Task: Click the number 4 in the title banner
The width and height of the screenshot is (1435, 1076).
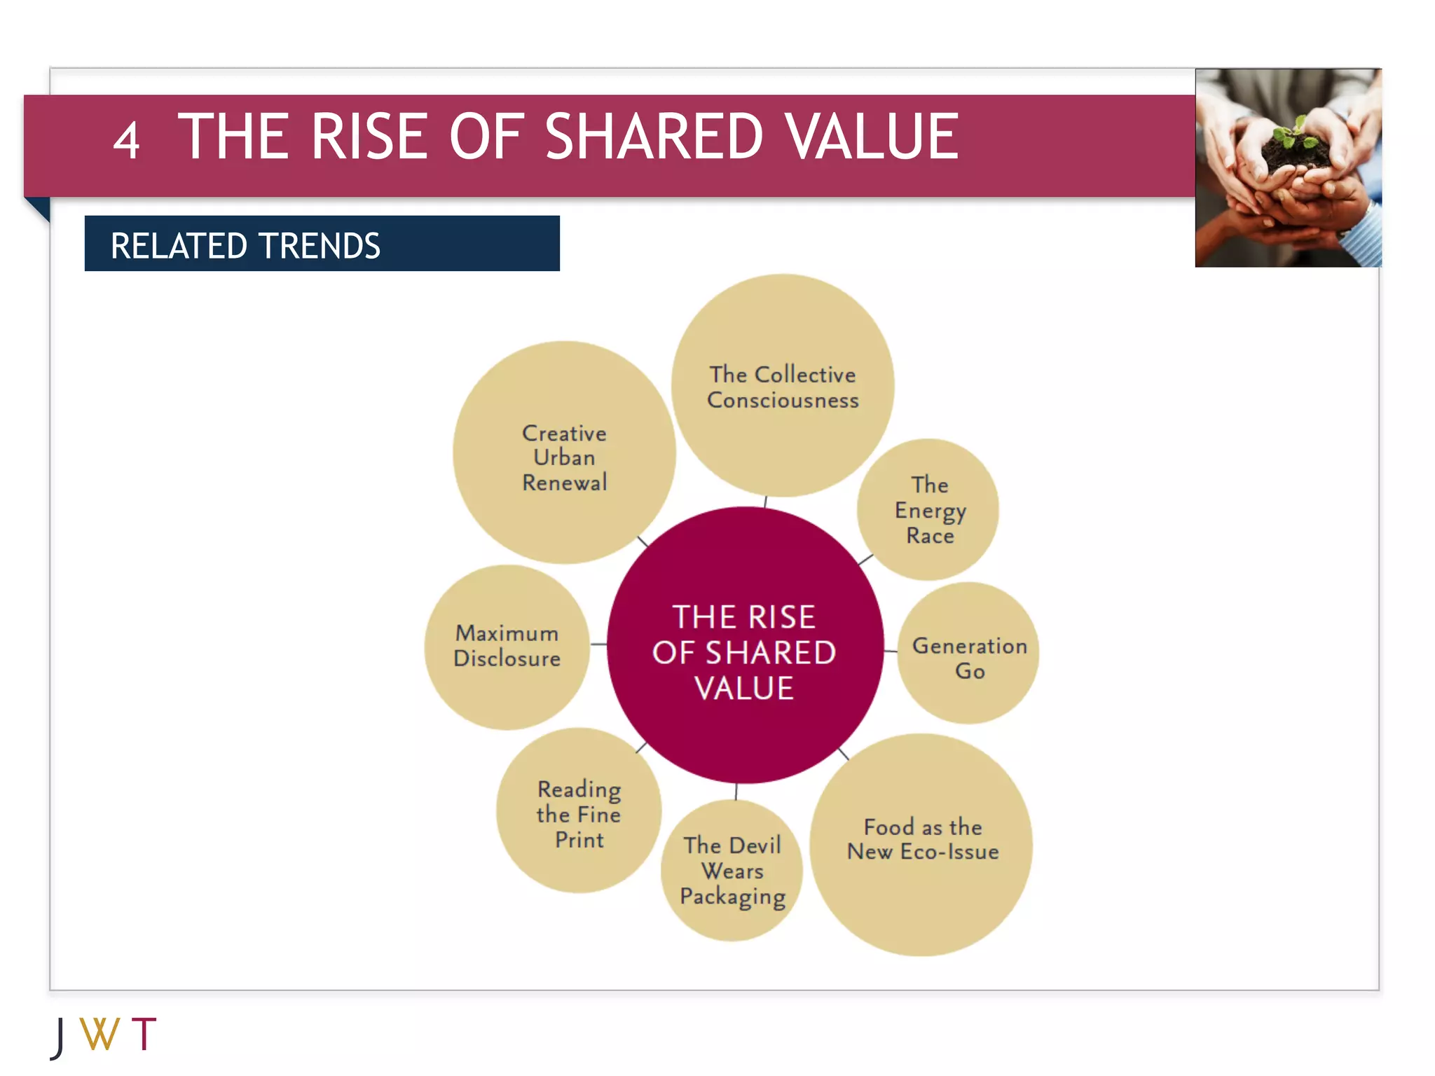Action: click(126, 141)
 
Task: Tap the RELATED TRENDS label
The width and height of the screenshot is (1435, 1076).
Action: click(245, 246)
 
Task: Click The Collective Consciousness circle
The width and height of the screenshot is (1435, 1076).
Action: click(782, 387)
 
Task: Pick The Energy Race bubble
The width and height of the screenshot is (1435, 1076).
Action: click(928, 510)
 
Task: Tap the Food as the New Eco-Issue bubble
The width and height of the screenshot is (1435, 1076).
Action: click(921, 844)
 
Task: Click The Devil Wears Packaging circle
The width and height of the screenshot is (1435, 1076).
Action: click(732, 871)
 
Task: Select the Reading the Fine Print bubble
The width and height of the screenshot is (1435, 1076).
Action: click(579, 813)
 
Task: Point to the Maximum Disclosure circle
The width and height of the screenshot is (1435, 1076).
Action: click(507, 646)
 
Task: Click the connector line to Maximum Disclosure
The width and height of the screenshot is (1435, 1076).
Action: click(598, 644)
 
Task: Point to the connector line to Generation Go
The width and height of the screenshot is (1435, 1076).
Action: click(891, 651)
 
